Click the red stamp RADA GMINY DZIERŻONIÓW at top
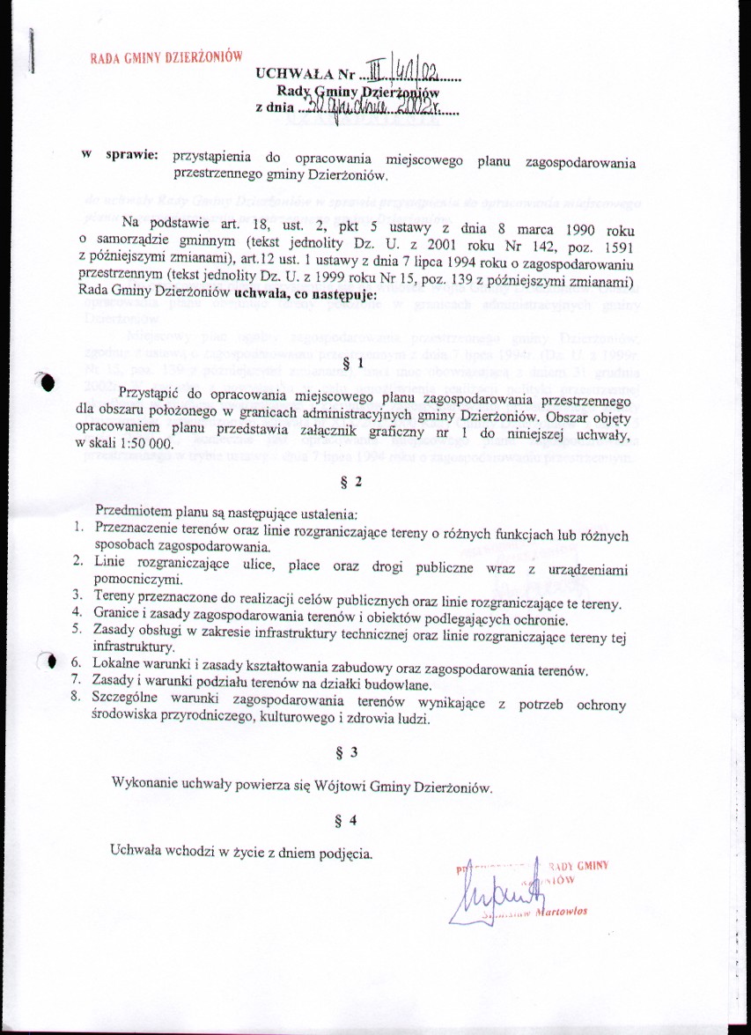coord(166,59)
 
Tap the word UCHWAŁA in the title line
coord(288,73)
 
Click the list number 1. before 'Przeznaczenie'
coord(77,528)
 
